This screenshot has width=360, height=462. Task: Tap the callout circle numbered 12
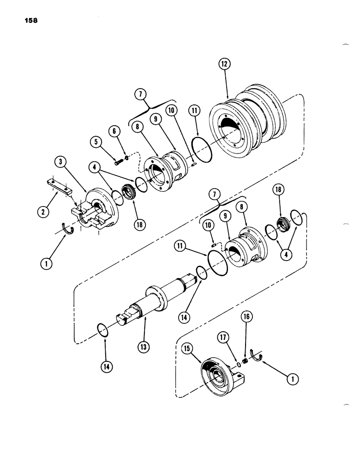click(x=225, y=65)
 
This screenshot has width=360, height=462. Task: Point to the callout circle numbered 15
click(x=188, y=350)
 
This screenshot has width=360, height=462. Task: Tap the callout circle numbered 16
click(x=246, y=317)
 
